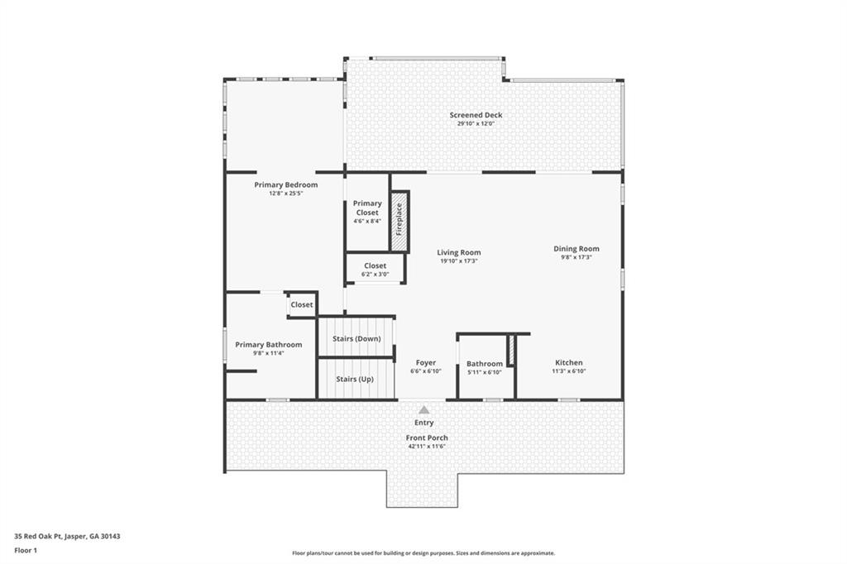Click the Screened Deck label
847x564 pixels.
[476, 115]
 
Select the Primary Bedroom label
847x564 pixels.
[285, 184]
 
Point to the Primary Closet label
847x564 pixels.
[367, 208]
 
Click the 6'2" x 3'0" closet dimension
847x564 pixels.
[375, 275]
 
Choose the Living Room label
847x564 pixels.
[459, 252]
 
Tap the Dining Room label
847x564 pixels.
[577, 248]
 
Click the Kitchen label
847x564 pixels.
[568, 362]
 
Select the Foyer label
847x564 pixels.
[425, 362]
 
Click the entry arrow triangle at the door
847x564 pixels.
[423, 409]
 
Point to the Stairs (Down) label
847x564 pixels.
[357, 339]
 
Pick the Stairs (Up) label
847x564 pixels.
[354, 379]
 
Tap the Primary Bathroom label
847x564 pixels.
[268, 344]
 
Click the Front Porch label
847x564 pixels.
[427, 437]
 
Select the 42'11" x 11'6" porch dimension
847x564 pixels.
[427, 447]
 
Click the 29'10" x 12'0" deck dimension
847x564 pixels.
[476, 124]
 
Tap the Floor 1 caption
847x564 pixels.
[26, 550]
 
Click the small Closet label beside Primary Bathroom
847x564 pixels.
[302, 304]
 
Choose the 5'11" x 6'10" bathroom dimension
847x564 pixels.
[484, 372]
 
